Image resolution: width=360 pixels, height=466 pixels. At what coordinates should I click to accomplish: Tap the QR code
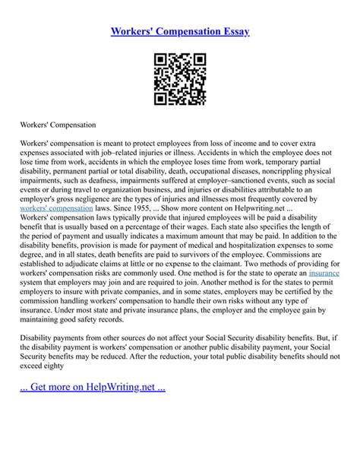tap(179, 79)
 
